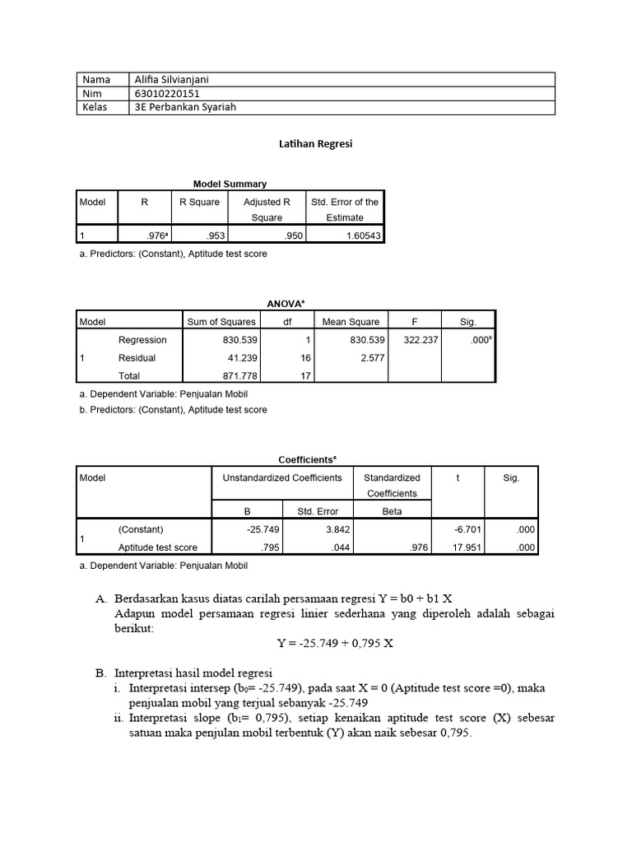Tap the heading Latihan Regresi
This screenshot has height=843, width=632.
click(317, 143)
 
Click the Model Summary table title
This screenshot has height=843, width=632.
click(230, 184)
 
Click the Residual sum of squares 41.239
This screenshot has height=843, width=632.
click(239, 358)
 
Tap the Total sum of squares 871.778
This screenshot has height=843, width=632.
click(239, 376)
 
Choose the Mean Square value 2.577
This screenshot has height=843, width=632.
click(369, 358)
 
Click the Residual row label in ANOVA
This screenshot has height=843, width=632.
click(137, 358)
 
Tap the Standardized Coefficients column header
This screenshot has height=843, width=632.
click(392, 485)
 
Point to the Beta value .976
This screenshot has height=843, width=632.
click(418, 547)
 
